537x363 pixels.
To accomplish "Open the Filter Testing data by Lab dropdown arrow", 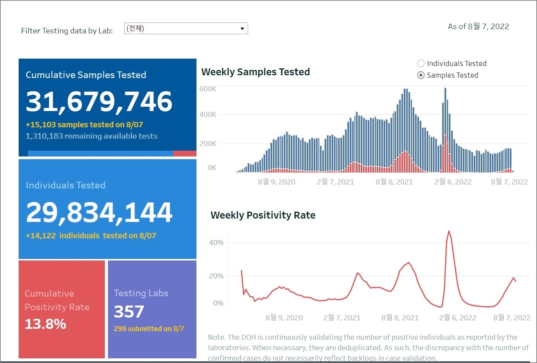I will [242, 28].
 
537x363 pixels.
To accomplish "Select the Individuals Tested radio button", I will [421, 63].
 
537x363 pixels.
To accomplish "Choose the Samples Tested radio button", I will [421, 75].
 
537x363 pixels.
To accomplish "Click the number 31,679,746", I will [99, 102].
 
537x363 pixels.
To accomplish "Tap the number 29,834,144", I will [99, 212].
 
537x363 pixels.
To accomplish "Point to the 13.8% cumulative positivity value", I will [45, 324].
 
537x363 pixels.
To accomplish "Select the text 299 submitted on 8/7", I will [149, 329].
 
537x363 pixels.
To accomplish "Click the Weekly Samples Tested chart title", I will [255, 72].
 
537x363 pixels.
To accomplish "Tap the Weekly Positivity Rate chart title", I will [263, 215].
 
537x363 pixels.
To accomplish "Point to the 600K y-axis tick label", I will [208, 89].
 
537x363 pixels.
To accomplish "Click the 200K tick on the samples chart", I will [208, 143].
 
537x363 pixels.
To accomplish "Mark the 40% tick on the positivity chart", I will [216, 243].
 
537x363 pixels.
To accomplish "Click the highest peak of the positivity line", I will [449, 231].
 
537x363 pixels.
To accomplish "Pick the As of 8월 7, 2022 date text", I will [478, 26].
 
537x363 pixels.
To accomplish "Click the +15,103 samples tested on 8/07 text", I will [84, 125].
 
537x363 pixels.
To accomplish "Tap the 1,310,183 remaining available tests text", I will [92, 136].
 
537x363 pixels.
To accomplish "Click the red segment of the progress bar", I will [184, 154].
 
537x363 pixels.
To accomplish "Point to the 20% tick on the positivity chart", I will [216, 276].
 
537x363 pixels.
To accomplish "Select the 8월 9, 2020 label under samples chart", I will [276, 182].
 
